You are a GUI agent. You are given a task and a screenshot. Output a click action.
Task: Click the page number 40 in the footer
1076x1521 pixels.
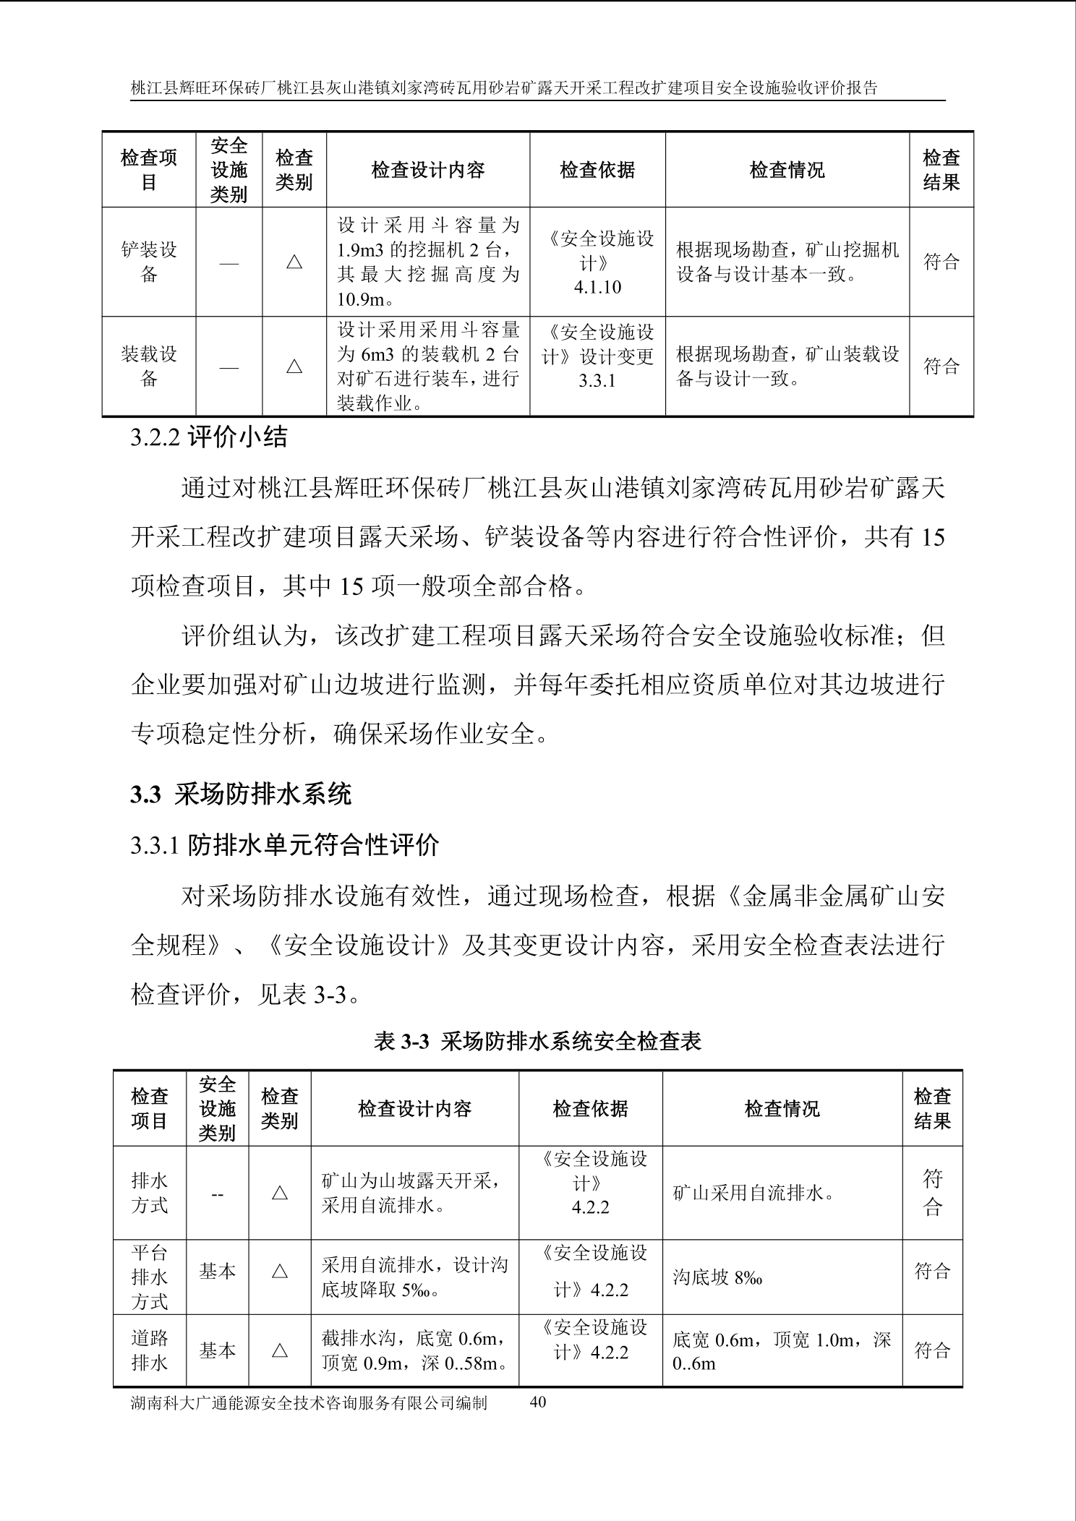point(538,1402)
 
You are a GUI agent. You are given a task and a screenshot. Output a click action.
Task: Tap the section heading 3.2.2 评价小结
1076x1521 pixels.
point(208,437)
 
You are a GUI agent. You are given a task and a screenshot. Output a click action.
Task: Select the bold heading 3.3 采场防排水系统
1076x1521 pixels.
point(241,794)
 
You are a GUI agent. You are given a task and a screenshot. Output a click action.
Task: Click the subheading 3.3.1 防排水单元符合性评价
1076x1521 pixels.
point(285,844)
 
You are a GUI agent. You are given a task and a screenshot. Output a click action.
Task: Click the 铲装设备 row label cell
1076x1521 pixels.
point(149,262)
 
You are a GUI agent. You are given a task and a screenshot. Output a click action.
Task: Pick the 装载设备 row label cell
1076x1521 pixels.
point(149,366)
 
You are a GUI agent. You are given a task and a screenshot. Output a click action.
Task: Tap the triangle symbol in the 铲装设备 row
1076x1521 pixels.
point(294,262)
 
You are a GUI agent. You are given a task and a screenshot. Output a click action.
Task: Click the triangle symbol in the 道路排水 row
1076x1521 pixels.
point(280,1350)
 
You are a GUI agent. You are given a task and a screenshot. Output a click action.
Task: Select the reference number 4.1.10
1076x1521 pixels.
point(597,287)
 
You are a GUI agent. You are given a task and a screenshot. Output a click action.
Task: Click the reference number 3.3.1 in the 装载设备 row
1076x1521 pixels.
point(597,380)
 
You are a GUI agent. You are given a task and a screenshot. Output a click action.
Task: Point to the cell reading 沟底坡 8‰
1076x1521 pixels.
point(717,1277)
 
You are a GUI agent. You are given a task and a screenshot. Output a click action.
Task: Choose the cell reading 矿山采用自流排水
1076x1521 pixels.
point(753,1193)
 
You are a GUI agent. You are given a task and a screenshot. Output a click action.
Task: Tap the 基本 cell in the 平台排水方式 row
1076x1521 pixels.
point(218,1271)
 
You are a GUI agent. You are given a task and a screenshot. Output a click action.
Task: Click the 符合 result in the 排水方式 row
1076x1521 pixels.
point(932,1193)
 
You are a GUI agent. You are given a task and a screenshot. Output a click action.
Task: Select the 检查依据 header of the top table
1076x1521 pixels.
point(597,170)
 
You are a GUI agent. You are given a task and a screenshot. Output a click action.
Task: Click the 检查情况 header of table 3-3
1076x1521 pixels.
point(782,1108)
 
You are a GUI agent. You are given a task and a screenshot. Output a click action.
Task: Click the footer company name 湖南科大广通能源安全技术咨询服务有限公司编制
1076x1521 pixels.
point(309,1402)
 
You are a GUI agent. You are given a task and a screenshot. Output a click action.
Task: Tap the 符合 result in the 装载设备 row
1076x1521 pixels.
point(941,366)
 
